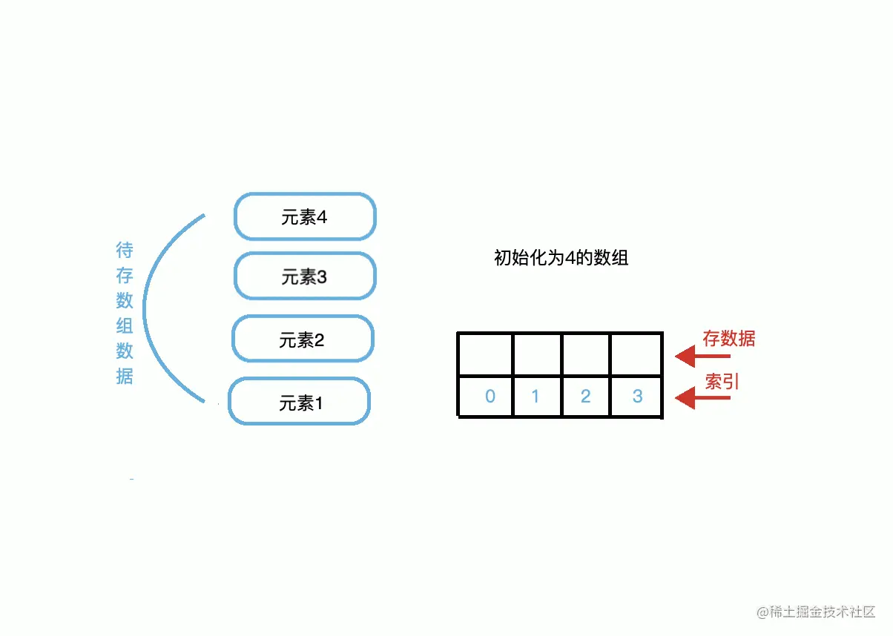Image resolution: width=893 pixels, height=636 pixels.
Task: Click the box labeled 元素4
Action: [305, 216]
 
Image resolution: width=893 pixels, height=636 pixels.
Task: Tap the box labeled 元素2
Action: [303, 339]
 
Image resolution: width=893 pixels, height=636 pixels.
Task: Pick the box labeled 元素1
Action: [299, 402]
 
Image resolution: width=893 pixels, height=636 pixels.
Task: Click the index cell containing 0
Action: [486, 397]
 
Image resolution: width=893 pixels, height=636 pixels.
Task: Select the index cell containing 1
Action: [537, 397]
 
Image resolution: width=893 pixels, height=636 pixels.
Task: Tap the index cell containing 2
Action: [586, 397]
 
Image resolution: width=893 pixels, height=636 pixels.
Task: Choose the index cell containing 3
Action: [636, 397]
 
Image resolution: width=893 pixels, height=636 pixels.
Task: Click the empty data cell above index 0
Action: [486, 355]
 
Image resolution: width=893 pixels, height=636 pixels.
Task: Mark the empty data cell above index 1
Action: [537, 355]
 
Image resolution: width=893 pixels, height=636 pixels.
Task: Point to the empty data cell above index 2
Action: [586, 355]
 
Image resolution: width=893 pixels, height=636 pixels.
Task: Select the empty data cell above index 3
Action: [636, 355]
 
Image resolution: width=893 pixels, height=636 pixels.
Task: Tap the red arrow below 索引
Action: [702, 400]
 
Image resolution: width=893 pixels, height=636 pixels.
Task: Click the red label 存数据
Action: [729, 339]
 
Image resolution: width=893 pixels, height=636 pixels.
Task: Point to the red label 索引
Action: [722, 382]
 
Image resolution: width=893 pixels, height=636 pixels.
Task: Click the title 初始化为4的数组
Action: [561, 258]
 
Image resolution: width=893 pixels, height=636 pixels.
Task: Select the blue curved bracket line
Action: [145, 308]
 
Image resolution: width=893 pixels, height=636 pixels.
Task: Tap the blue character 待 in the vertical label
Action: [125, 250]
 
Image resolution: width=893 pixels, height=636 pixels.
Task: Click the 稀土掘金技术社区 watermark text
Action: [821, 612]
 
